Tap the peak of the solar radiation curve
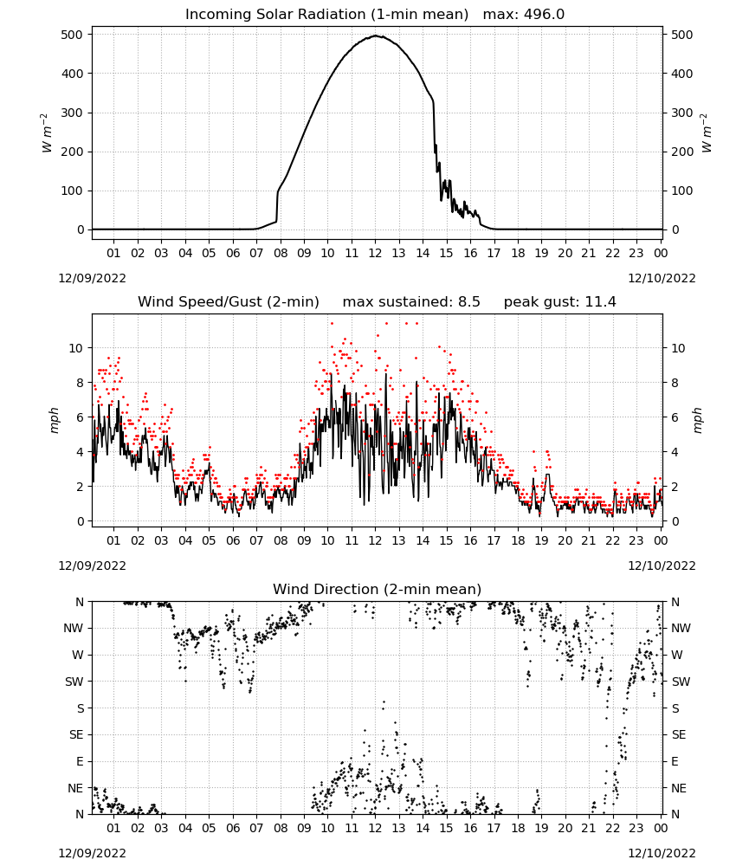(376, 36)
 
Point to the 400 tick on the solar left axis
(73, 74)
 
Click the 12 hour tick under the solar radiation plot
(376, 253)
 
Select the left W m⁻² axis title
(47, 132)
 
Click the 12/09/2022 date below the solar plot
(92, 278)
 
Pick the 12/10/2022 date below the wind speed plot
(662, 565)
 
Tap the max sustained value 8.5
(468, 302)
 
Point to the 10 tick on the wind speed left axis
(76, 348)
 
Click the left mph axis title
(54, 420)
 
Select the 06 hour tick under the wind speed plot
(233, 540)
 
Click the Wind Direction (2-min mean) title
(378, 589)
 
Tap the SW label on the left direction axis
(74, 682)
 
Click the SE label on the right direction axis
(679, 734)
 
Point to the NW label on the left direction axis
(74, 628)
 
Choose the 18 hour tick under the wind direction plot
(518, 828)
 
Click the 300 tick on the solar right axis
(682, 113)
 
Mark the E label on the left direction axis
(80, 761)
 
